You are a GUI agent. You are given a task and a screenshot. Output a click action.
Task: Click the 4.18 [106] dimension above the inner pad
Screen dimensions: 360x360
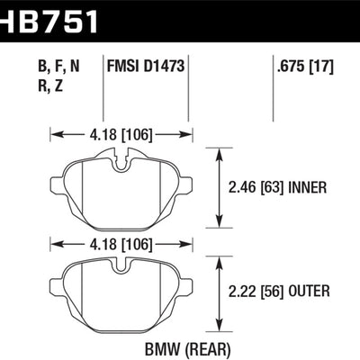(122, 136)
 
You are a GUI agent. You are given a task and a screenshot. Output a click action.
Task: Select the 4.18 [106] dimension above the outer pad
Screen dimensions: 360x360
(122, 243)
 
